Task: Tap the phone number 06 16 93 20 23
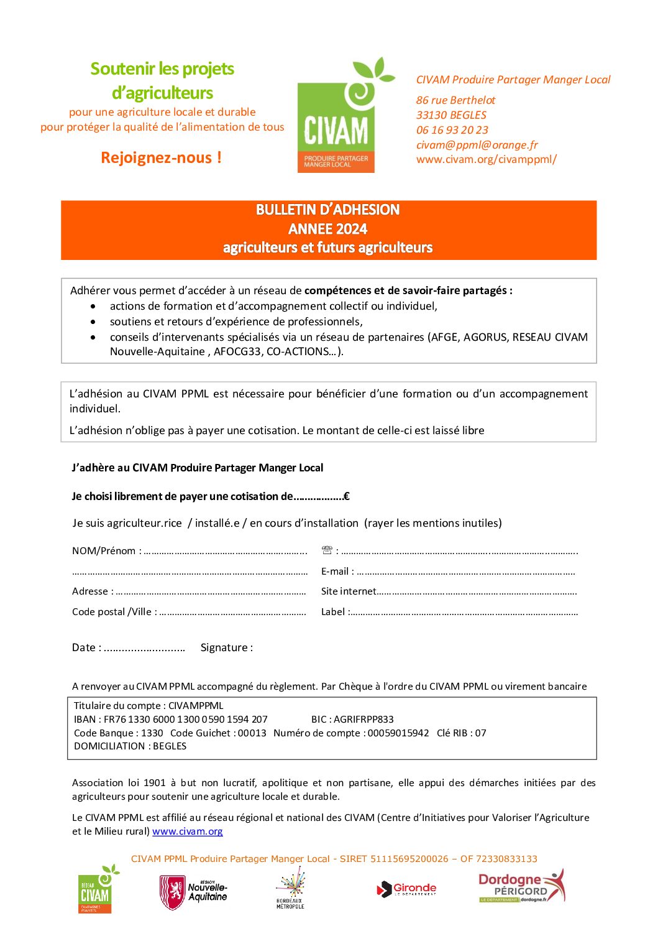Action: (452, 130)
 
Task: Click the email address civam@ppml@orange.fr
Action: (477, 145)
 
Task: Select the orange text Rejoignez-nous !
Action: (161, 158)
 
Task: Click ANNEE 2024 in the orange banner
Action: (328, 229)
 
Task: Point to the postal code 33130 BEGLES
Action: (451, 115)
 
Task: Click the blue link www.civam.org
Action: (187, 831)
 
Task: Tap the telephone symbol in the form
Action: (327, 550)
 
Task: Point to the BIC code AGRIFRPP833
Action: (363, 720)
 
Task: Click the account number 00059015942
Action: (398, 733)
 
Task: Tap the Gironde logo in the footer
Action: (407, 889)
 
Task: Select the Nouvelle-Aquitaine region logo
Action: (193, 892)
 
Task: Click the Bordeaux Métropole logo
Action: (290, 889)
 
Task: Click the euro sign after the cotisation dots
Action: (346, 496)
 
